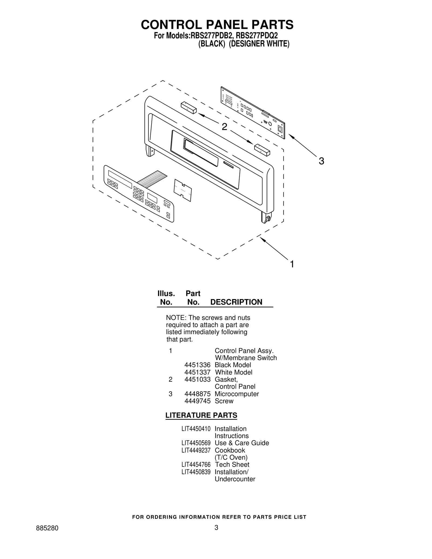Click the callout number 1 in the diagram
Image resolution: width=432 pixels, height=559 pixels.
[292, 264]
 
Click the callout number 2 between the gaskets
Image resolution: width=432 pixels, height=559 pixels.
[224, 127]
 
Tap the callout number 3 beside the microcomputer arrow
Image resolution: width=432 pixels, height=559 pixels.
[321, 161]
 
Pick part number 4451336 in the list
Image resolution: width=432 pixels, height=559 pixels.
[197, 365]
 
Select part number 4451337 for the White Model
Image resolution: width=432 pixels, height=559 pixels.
[197, 372]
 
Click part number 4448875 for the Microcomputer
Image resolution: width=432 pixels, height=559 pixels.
[197, 394]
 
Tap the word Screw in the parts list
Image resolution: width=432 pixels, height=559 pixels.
[224, 401]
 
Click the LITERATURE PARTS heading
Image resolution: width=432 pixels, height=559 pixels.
[201, 415]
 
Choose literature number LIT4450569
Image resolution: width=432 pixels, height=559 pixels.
[196, 443]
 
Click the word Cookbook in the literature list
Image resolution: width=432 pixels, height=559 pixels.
[230, 450]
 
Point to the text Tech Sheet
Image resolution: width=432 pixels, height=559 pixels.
[232, 465]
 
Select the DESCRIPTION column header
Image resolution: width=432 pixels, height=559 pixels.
[236, 302]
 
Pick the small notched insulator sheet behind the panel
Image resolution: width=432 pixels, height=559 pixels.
[183, 190]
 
